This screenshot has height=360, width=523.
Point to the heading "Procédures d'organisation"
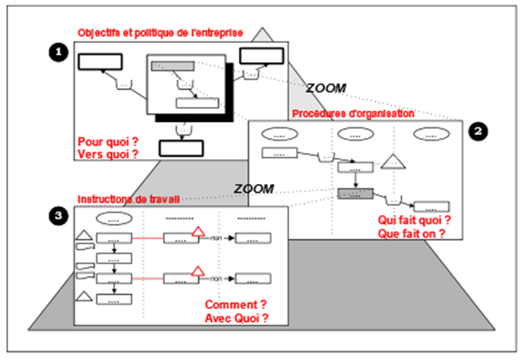pos(353,114)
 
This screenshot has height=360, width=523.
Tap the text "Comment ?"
pos(235,305)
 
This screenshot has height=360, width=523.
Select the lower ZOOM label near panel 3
pos(254,189)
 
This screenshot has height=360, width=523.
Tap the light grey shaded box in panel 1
pos(172,66)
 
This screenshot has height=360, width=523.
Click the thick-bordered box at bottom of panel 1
pos(181,147)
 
